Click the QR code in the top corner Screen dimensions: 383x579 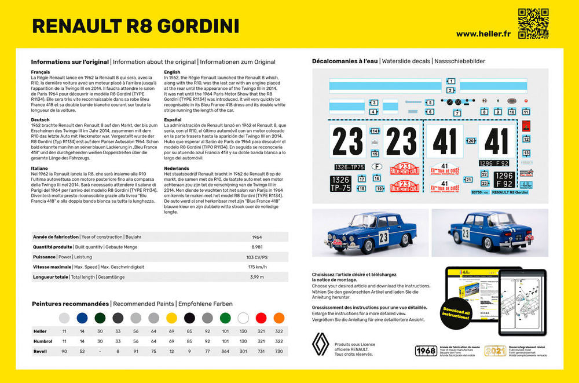click(x=533, y=23)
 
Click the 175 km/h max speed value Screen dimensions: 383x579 click(x=256, y=267)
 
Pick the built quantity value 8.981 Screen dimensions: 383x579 click(x=256, y=247)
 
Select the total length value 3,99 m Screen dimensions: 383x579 click(x=256, y=277)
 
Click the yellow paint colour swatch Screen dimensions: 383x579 click(x=171, y=318)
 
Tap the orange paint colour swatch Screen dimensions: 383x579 click(x=279, y=318)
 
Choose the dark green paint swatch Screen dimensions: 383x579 click(x=100, y=318)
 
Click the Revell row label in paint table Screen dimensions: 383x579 click(x=41, y=351)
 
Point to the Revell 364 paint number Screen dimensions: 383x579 click(x=225, y=351)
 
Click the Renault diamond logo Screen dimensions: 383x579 click(x=320, y=346)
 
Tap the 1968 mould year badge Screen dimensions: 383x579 click(x=426, y=350)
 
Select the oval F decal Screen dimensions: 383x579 click(x=378, y=165)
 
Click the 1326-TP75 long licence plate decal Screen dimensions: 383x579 click(x=349, y=167)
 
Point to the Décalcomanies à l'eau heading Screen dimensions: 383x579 click(x=345, y=61)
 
